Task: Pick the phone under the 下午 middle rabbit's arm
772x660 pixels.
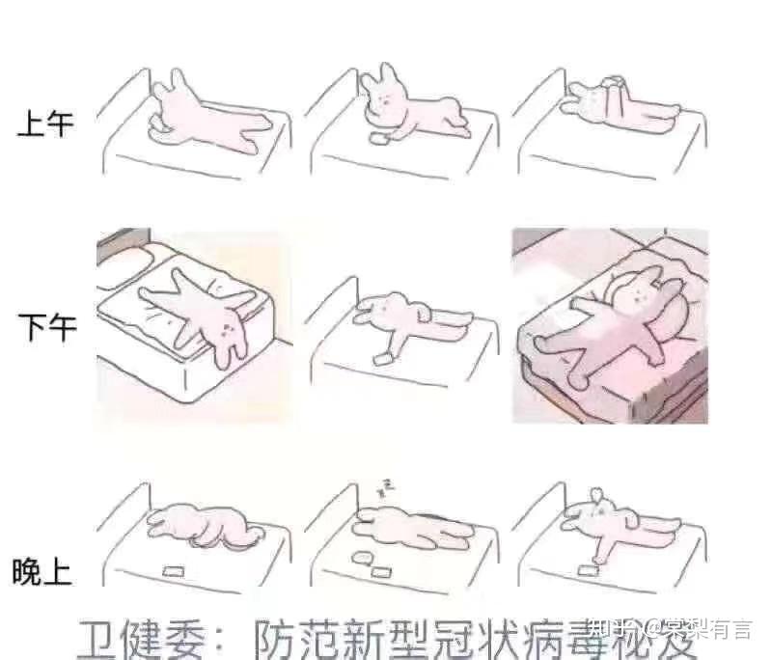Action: click(x=384, y=358)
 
